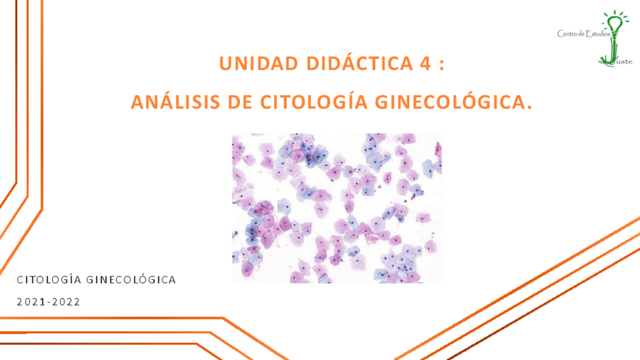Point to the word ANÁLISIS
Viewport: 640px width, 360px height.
[x=176, y=101]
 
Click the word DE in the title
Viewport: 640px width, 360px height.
[x=240, y=102]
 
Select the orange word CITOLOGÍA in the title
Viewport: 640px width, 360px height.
[x=314, y=101]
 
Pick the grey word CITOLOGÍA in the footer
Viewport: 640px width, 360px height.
[x=49, y=279]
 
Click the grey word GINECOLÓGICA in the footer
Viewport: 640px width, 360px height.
[x=131, y=279]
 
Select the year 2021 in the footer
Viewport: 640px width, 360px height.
[x=31, y=302]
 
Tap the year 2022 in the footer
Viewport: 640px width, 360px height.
[x=66, y=302]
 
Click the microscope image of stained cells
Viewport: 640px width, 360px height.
[x=337, y=208]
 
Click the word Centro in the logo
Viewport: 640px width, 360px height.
[x=567, y=34]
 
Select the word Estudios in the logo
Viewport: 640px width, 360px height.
[x=598, y=34]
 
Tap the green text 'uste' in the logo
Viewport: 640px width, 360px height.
[x=624, y=62]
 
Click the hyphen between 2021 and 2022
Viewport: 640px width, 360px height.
[x=48, y=303]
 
